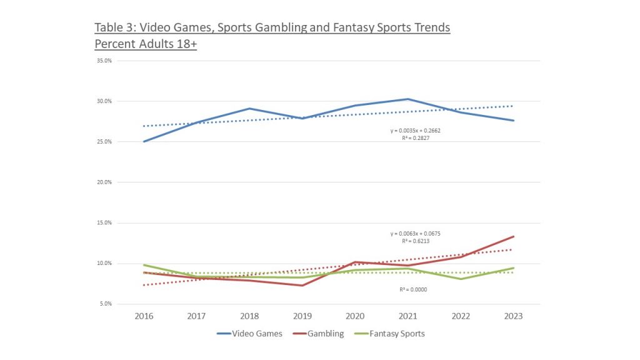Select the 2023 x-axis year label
point(513,316)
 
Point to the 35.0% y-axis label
point(103,61)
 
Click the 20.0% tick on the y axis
point(103,182)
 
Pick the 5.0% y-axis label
point(104,304)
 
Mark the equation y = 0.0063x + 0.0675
point(416,233)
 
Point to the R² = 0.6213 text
point(416,240)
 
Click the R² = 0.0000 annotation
point(413,289)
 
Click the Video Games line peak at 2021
point(407,99)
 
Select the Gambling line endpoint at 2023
point(513,236)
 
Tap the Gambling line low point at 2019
point(302,286)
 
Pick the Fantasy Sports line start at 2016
point(144,265)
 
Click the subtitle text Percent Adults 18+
point(146,44)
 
